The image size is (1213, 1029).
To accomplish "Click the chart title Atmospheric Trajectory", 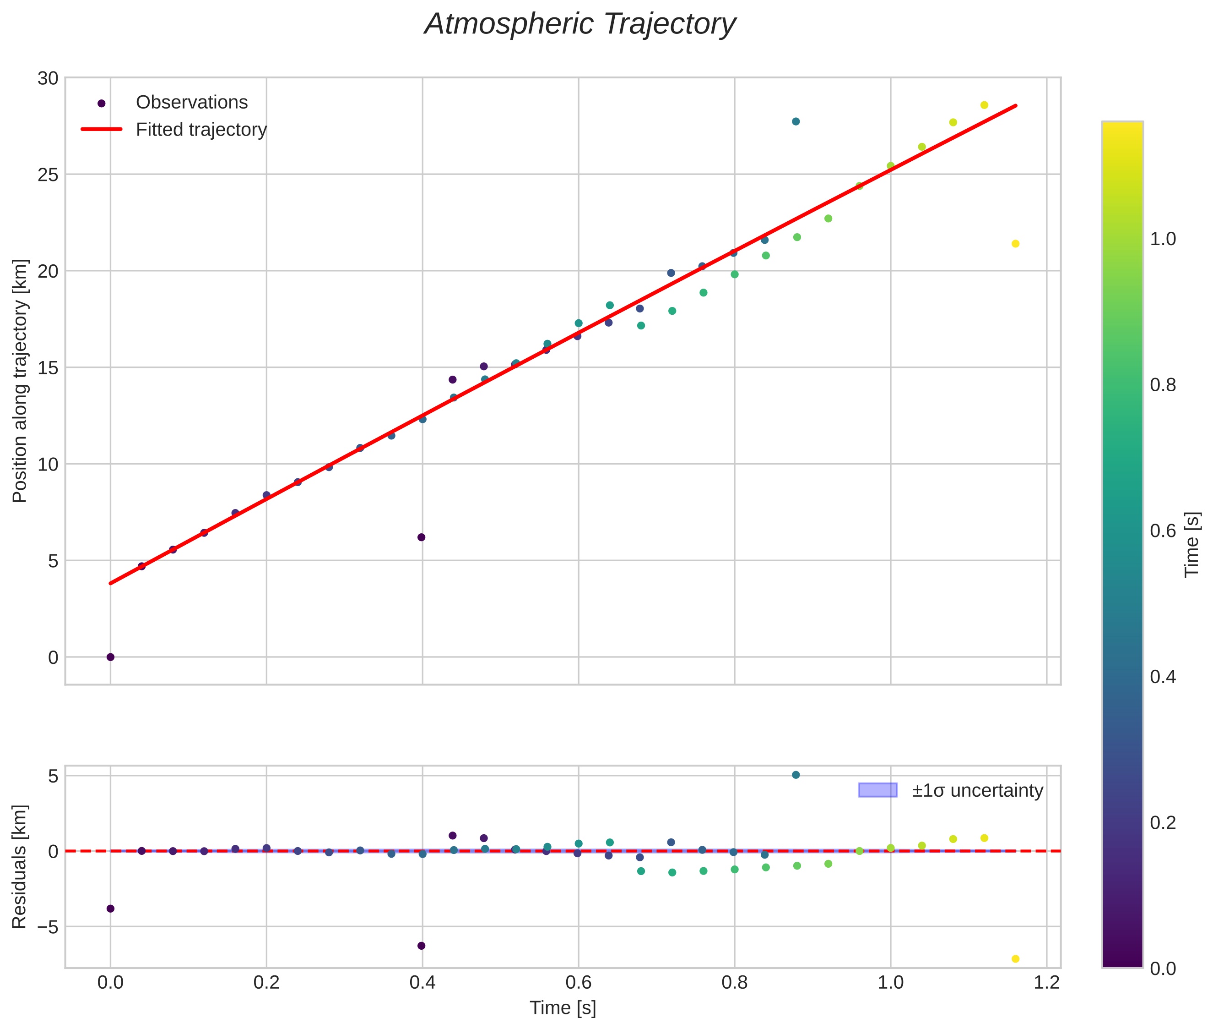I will coord(580,24).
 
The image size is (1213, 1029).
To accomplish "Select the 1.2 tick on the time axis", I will coord(1046,983).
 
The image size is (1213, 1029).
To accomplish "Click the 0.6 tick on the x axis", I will coord(578,983).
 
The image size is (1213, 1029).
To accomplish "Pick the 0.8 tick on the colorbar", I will coord(1163,385).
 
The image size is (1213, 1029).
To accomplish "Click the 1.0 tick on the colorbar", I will coord(1163,239).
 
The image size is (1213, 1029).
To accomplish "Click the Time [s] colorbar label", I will coord(1192,545).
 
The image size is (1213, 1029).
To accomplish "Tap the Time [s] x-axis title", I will coord(563,1008).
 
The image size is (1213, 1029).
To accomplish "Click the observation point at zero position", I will coord(110,657).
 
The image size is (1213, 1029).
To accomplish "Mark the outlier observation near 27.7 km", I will coord(796,121).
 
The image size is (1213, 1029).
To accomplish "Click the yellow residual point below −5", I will coord(1015,959).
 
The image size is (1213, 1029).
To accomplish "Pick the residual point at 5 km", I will coord(796,775).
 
